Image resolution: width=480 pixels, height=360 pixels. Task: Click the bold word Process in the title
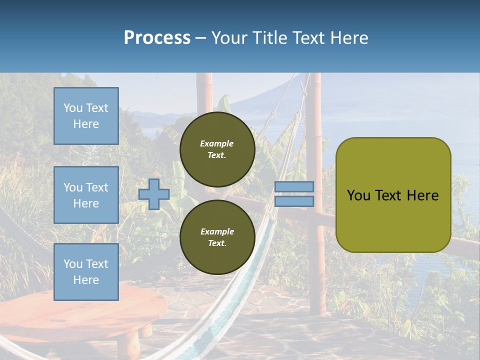pos(157,38)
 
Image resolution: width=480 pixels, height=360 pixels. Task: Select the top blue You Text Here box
pos(86,116)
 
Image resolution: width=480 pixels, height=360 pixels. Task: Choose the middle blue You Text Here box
pos(86,195)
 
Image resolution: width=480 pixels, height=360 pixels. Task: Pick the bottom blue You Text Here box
pos(86,271)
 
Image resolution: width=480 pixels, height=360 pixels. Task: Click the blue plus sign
pos(154,194)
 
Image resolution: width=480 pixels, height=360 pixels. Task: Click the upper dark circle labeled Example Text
pos(217,149)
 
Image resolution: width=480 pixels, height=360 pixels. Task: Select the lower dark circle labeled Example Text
pos(217,237)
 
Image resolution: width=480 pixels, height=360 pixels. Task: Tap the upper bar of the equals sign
pos(294,186)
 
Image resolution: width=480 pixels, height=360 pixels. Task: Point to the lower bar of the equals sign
pos(294,201)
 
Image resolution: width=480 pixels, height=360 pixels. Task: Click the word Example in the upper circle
pos(217,143)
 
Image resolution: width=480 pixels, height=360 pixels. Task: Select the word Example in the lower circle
pos(217,231)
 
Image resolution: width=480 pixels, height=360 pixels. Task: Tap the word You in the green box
pos(358,195)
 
